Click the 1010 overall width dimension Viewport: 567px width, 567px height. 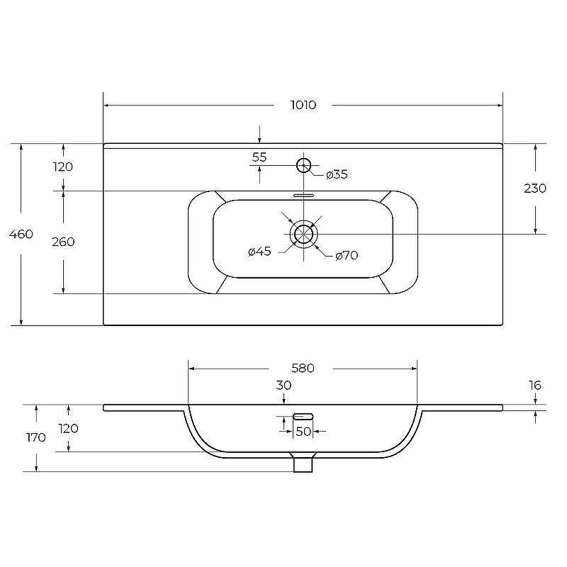tap(303, 105)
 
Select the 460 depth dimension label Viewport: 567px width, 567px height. tap(21, 234)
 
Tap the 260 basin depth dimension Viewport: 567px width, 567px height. tap(63, 242)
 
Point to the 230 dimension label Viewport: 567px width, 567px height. tap(535, 188)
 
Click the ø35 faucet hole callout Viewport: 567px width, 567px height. tap(337, 174)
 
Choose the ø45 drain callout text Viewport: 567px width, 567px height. tap(259, 251)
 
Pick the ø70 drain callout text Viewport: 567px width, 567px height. tap(347, 255)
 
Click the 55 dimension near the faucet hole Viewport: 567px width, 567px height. tap(259, 157)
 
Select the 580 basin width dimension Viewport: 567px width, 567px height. tap(303, 368)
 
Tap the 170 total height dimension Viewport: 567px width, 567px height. tap(36, 437)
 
